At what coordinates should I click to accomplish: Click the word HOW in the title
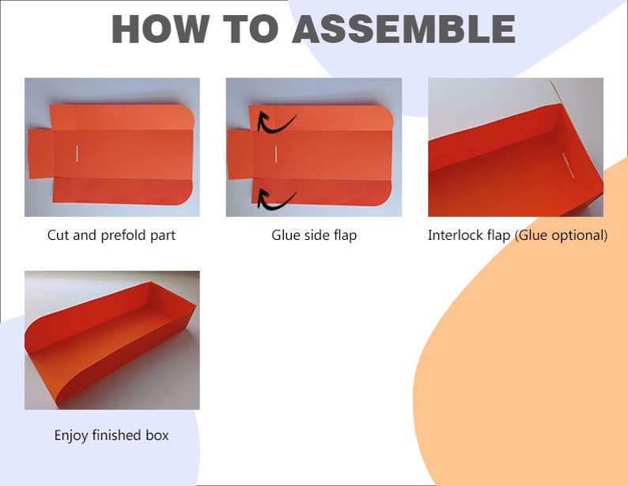coord(161,28)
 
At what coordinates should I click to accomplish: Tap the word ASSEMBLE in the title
coord(404,28)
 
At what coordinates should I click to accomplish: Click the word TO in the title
coord(251,28)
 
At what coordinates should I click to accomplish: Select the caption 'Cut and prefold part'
coord(112,235)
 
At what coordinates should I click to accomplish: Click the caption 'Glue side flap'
coord(314,235)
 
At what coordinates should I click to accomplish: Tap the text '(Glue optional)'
coord(561,236)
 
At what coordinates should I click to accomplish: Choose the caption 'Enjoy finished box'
coord(112,435)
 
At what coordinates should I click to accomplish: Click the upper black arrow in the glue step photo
coord(274,123)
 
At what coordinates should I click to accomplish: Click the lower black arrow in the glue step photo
coord(274,201)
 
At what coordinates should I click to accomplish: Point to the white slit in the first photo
coord(77,154)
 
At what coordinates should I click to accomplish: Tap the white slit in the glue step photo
coord(276,154)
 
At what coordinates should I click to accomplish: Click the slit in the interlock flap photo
coord(569,165)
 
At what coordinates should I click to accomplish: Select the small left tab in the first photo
coord(41,154)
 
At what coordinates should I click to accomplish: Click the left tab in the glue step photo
coord(240,154)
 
